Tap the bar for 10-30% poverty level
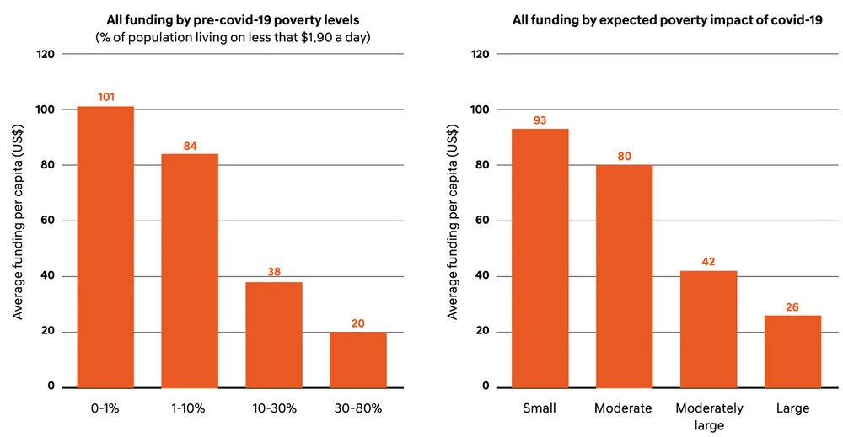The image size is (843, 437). pos(274,334)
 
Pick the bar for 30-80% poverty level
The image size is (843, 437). pos(358,360)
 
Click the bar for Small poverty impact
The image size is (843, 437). pos(540,258)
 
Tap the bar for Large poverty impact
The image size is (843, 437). pos(793,351)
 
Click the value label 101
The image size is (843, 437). pos(105,97)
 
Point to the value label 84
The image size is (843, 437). pos(190,147)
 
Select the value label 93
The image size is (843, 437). pos(540,120)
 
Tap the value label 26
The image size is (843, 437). pos(793,306)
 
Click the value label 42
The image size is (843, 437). pos(709,262)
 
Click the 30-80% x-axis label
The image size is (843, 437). pos(358,408)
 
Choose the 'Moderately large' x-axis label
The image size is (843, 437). pos(709,415)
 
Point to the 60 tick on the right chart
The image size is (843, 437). pos(483,221)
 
